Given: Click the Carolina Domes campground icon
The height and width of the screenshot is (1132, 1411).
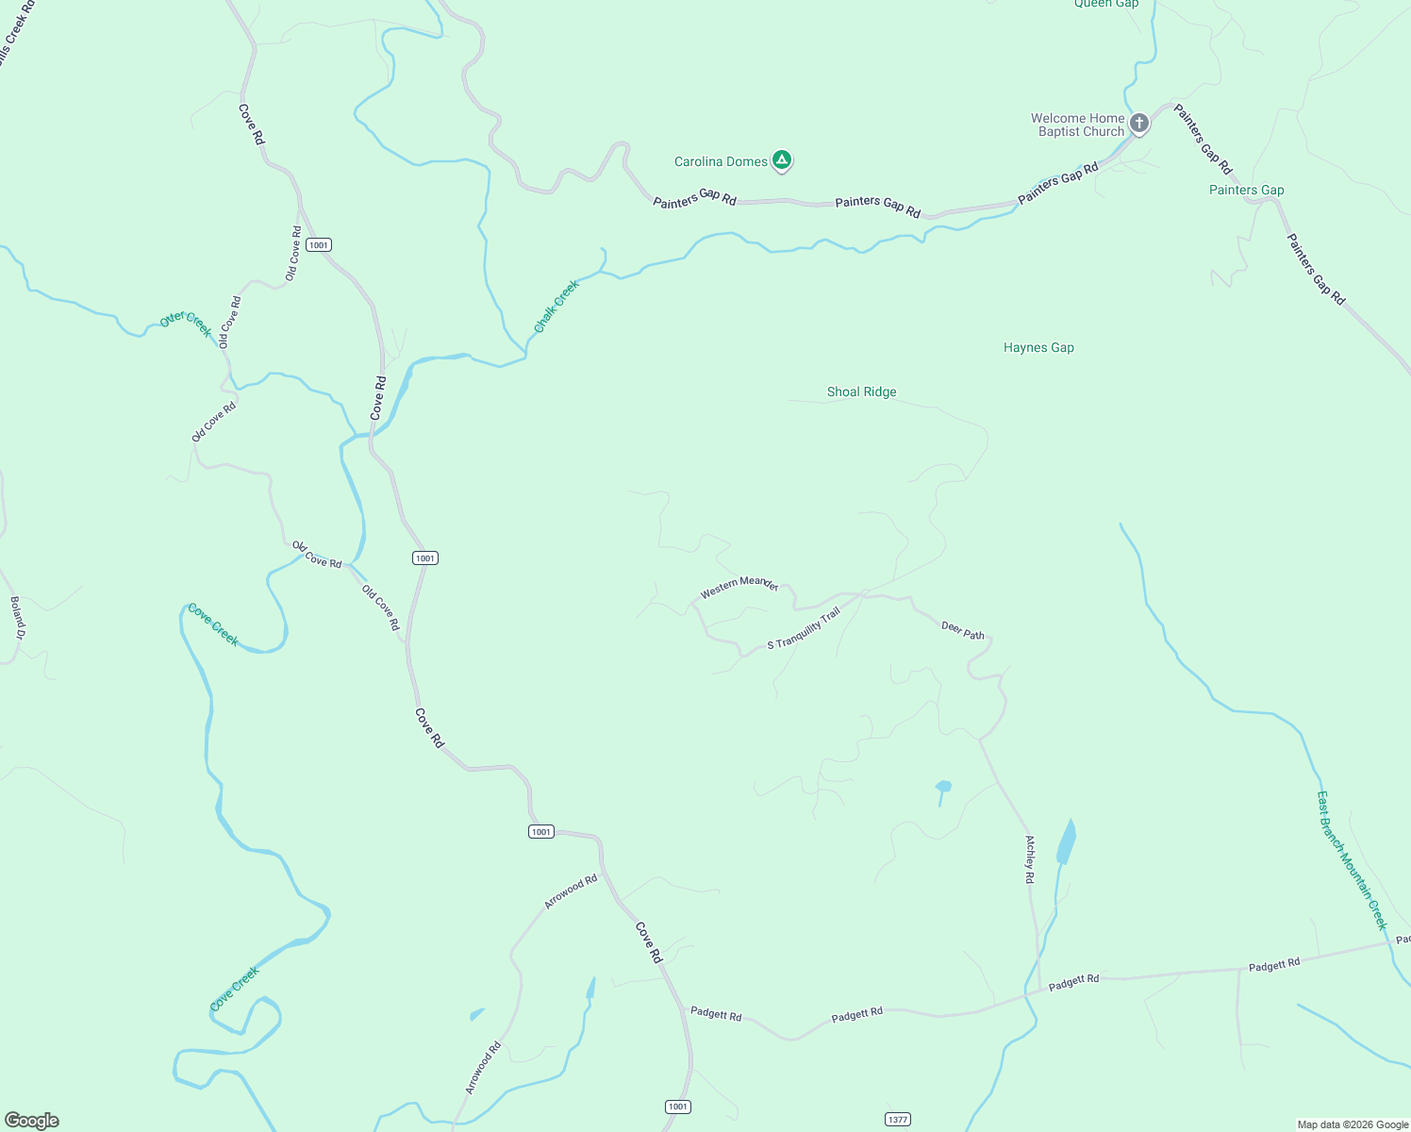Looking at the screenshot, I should tap(781, 160).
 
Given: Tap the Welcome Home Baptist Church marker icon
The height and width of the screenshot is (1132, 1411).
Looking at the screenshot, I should tap(1139, 123).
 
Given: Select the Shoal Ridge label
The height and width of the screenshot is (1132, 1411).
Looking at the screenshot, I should tap(861, 392).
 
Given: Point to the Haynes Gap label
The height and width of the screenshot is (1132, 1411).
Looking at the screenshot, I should tap(1038, 348).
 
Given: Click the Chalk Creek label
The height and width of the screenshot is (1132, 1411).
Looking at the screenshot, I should tap(556, 307).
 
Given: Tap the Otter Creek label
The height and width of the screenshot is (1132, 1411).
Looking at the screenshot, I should tap(186, 324).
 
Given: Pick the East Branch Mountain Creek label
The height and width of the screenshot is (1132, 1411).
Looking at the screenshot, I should tap(1353, 859).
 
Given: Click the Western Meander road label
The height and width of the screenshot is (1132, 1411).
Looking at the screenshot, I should tap(739, 586).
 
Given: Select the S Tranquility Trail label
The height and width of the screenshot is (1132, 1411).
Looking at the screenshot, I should tap(803, 629).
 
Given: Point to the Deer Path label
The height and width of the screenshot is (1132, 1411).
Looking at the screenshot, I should tap(963, 630).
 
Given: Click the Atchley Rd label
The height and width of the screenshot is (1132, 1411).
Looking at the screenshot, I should tap(1030, 859).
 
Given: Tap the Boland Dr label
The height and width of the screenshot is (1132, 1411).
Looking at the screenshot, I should tap(17, 618).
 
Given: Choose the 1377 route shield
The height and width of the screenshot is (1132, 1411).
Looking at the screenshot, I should tap(897, 1120).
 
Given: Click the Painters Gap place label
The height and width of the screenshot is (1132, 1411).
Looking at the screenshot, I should tap(1246, 191).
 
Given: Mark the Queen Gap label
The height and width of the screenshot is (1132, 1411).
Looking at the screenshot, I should tap(1106, 4).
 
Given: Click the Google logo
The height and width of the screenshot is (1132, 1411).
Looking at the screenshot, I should tap(32, 1121).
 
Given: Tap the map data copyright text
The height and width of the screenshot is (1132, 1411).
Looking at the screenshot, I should tap(1353, 1124).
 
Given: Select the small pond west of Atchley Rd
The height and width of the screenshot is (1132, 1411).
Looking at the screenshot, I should tap(943, 786).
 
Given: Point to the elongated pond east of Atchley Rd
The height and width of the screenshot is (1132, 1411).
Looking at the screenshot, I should tap(1067, 842).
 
